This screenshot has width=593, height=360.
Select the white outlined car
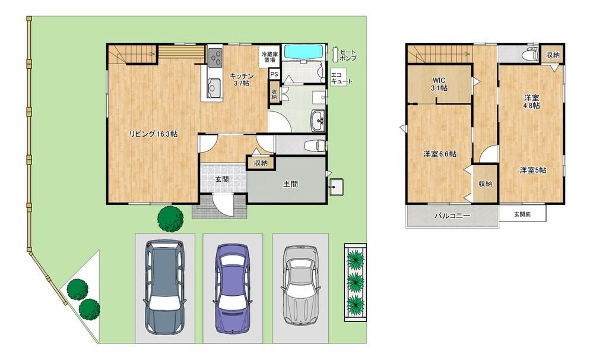coord(301,286)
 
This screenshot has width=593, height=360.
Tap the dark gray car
coord(164,286)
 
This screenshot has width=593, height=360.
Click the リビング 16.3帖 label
coord(153,134)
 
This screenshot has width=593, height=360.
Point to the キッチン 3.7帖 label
coord(241,80)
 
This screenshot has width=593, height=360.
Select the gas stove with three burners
coord(215,58)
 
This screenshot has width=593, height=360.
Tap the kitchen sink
coord(214,87)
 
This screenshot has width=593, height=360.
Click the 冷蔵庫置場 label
coord(269,57)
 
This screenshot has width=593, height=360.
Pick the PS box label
coord(274,74)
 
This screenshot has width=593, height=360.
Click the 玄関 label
coord(222,179)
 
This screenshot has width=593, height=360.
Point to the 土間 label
coord(290,184)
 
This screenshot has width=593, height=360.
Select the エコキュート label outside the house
coord(341,78)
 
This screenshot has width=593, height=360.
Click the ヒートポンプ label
coord(348,55)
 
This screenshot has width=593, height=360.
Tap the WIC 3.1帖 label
coord(439,84)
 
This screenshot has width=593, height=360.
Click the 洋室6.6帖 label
coord(439,154)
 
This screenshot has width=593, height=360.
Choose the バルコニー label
coord(452,216)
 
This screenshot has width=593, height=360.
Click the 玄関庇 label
coord(522,214)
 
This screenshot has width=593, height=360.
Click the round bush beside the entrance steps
coord(170,219)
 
